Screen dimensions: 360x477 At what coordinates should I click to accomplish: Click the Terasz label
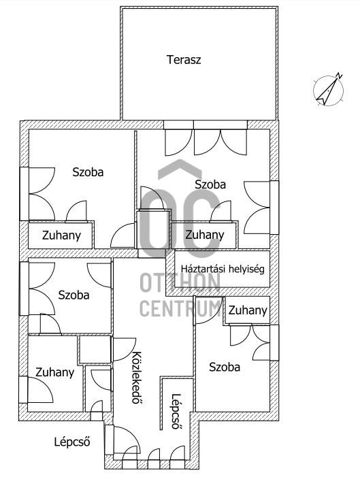pyautogui.click(x=184, y=60)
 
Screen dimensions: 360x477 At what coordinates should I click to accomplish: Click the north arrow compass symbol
pyautogui.click(x=329, y=90)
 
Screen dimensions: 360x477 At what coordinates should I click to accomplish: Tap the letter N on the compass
pyautogui.click(x=340, y=76)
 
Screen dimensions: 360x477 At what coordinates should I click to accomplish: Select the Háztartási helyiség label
pyautogui.click(x=223, y=269)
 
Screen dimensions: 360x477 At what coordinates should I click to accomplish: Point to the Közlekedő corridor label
pyautogui.click(x=137, y=377)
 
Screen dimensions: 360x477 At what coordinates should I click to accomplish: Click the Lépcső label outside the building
pyautogui.click(x=72, y=442)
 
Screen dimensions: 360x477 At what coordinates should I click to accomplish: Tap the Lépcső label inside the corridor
pyautogui.click(x=176, y=411)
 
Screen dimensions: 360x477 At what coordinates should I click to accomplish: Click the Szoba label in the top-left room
pyautogui.click(x=88, y=172)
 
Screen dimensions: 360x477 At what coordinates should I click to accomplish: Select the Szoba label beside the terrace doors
pyautogui.click(x=210, y=184)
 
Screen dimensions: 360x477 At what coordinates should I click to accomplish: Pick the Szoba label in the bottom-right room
pyautogui.click(x=225, y=367)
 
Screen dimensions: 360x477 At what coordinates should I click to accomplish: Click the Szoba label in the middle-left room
pyautogui.click(x=73, y=295)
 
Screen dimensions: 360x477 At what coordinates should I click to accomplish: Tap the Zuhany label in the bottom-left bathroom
pyautogui.click(x=54, y=373)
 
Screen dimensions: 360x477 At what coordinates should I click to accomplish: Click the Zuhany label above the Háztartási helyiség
pyautogui.click(x=204, y=235)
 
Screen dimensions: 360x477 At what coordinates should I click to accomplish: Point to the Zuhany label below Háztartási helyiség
pyautogui.click(x=248, y=310)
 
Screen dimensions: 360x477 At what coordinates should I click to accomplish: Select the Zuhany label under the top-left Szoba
pyautogui.click(x=61, y=235)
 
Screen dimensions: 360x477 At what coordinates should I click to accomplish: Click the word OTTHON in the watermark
pyautogui.click(x=180, y=283)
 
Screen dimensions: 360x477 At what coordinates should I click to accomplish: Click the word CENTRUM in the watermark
pyautogui.click(x=180, y=308)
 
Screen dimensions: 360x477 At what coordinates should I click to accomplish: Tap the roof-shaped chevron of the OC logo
pyautogui.click(x=180, y=168)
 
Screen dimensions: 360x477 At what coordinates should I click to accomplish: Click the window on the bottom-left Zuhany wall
pyautogui.click(x=23, y=390)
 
